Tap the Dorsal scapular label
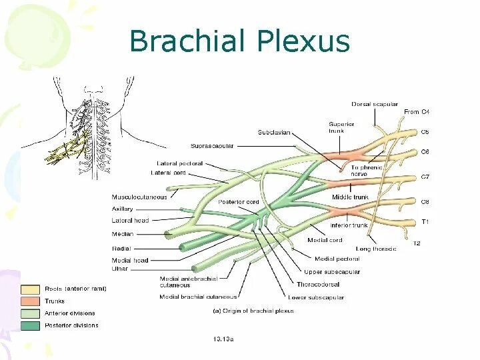(375, 104)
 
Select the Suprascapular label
(212, 146)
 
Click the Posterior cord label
(238, 202)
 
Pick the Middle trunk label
(350, 197)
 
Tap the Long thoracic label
(376, 248)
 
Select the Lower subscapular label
(316, 297)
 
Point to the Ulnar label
(120, 269)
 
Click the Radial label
(121, 248)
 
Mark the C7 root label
(425, 177)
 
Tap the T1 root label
(425, 221)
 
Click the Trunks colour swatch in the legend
(29, 301)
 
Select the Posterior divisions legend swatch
(29, 325)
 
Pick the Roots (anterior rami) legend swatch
(29, 289)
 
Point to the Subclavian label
(274, 133)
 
